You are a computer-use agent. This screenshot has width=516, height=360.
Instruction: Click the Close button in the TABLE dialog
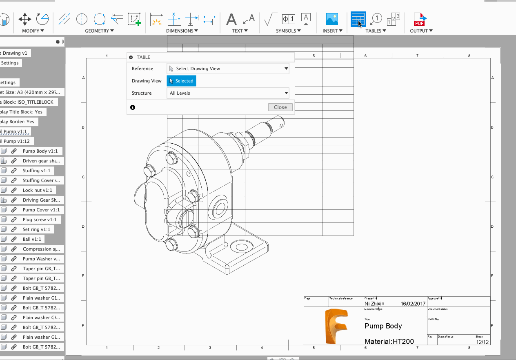[280, 107]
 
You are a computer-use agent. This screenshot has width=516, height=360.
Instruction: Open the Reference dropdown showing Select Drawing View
[228, 69]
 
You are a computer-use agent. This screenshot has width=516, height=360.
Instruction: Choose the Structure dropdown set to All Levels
[228, 93]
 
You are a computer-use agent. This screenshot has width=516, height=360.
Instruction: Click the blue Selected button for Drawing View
[181, 81]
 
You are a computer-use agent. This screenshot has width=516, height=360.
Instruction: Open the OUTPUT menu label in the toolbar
[421, 31]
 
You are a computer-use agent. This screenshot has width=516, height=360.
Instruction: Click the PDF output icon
[420, 19]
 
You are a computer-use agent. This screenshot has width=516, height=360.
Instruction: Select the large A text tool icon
[231, 19]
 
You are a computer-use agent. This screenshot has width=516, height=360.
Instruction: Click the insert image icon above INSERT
[332, 19]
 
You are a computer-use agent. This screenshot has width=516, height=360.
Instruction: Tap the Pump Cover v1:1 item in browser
[41, 210]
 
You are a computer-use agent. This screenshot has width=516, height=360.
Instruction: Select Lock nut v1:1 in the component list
[37, 190]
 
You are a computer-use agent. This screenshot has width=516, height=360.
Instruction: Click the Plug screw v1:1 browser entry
[40, 220]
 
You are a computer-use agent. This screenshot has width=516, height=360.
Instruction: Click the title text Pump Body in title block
[383, 326]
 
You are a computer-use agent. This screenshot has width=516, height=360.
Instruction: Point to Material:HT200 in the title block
[389, 342]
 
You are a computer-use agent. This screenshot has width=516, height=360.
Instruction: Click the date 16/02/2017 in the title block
[413, 303]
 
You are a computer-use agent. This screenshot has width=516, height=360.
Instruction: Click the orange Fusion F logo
[335, 326]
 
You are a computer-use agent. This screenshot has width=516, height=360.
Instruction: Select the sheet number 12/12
[482, 342]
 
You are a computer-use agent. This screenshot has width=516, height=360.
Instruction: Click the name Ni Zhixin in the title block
[374, 303]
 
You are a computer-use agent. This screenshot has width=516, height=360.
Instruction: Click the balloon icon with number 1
[376, 18]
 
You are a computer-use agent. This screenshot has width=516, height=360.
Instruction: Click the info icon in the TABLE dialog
[133, 107]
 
